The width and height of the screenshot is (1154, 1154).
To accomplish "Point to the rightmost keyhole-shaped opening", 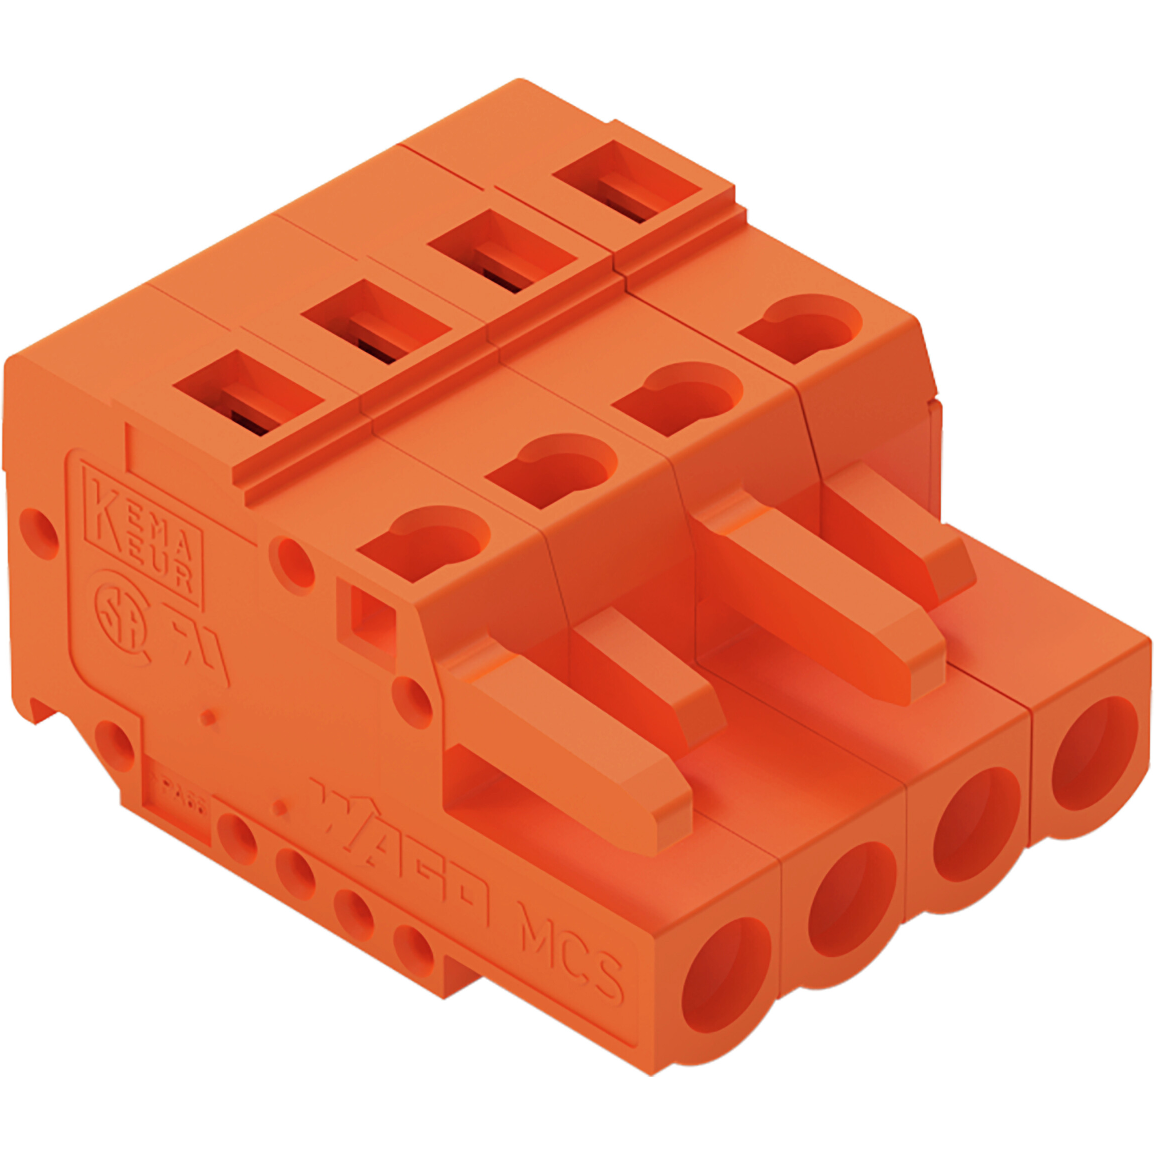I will coord(800,329).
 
